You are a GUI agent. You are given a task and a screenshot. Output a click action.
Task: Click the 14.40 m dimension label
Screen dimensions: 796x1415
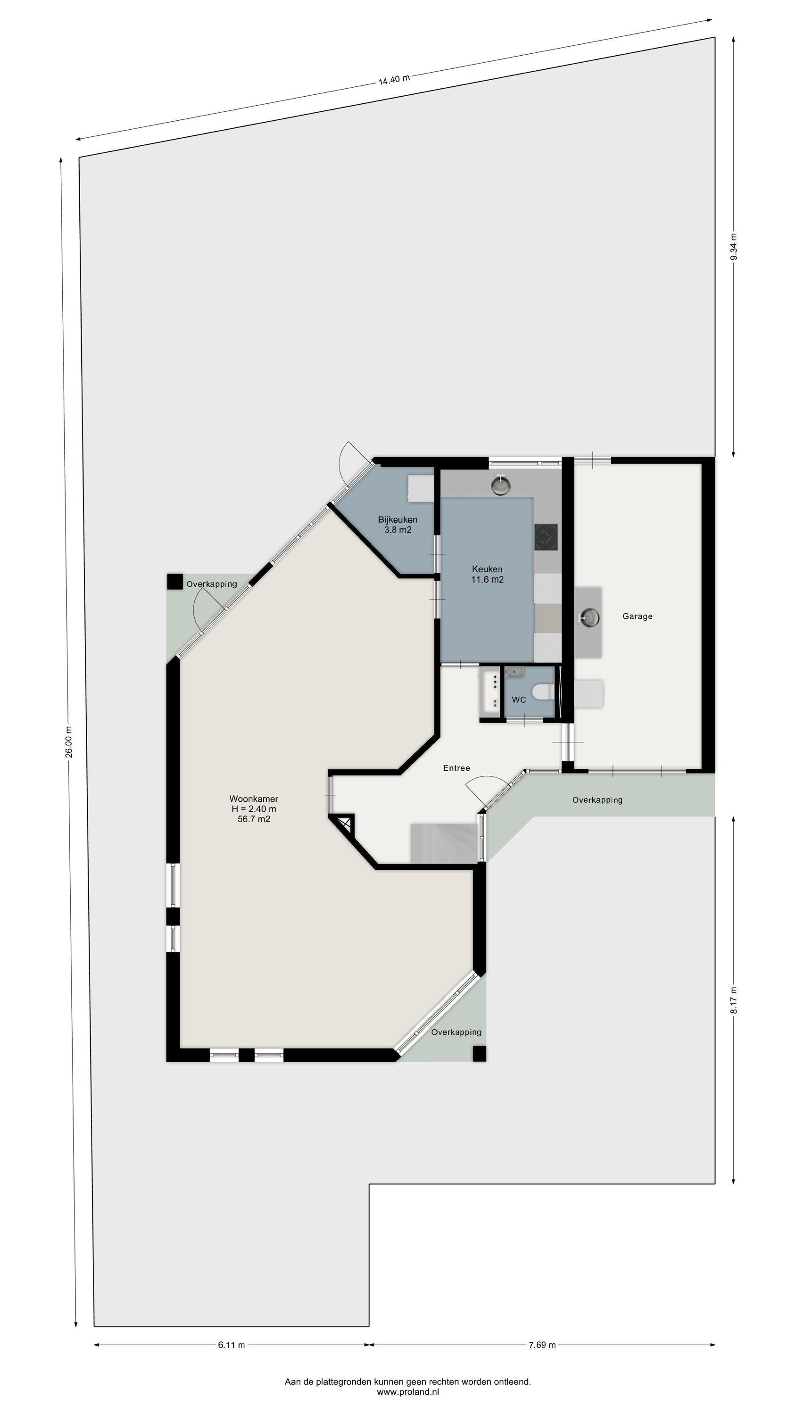tap(394, 79)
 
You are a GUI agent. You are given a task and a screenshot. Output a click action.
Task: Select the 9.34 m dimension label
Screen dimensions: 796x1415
tap(734, 247)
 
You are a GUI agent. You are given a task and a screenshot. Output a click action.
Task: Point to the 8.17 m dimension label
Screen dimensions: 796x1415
tap(734, 1000)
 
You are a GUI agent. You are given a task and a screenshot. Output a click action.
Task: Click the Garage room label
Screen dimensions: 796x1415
tap(637, 616)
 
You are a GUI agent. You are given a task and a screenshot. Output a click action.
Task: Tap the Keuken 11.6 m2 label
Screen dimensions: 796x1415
tap(487, 574)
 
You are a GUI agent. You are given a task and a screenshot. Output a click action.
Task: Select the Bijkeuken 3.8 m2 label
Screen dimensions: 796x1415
tap(398, 524)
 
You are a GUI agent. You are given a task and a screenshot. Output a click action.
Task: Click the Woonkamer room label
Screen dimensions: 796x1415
tap(253, 799)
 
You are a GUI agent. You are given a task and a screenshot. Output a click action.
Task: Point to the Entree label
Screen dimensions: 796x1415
tap(456, 768)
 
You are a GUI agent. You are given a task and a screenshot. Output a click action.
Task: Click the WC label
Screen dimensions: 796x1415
tap(519, 700)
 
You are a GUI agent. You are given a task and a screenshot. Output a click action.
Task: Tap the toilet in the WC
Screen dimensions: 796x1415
tap(543, 691)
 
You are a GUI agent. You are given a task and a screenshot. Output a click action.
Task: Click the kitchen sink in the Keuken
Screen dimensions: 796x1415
tap(500, 484)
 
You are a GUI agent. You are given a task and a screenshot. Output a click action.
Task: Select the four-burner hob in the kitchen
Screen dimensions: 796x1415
tap(546, 537)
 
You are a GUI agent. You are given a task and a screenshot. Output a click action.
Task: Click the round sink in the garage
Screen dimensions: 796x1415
tap(588, 617)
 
